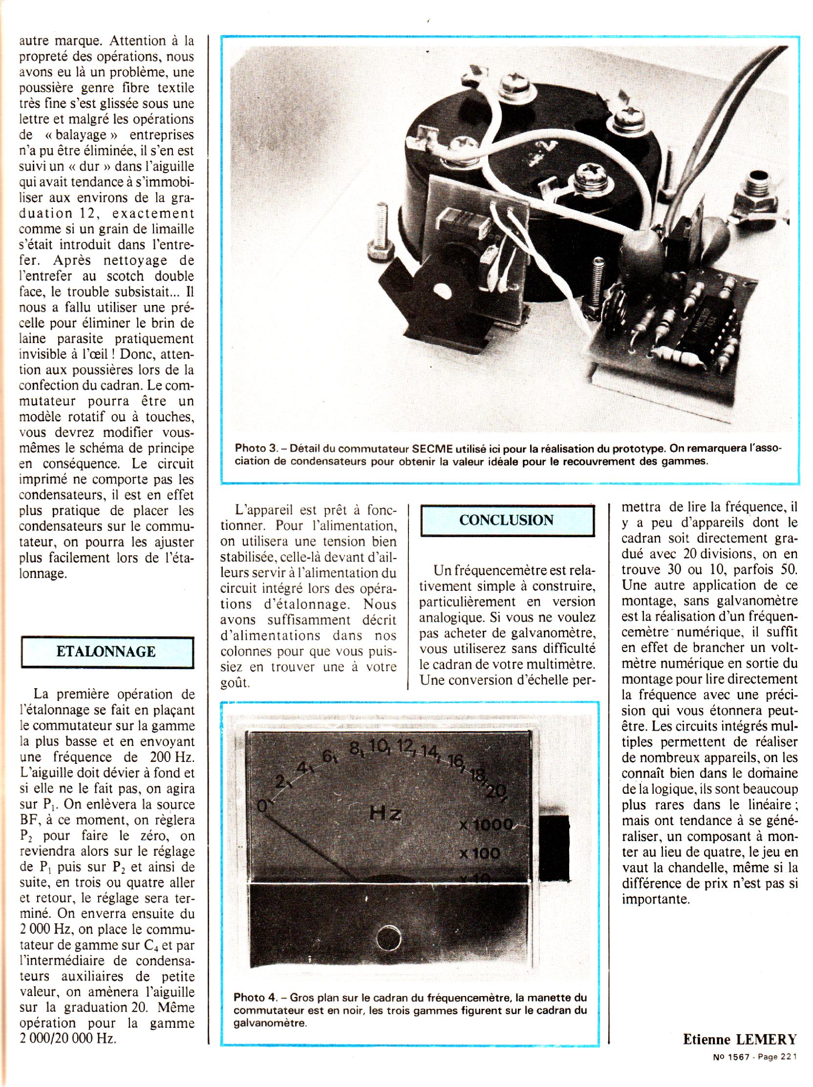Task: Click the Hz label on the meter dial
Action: (385, 814)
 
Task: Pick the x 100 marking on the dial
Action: (479, 852)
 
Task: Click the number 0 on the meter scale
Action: (264, 805)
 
